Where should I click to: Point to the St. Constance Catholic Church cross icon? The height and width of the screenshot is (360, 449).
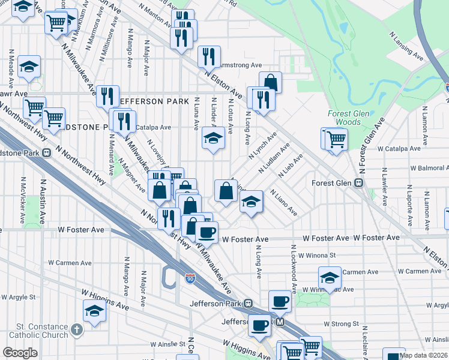click(x=76, y=329)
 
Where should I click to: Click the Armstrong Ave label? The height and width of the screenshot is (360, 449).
click(x=241, y=65)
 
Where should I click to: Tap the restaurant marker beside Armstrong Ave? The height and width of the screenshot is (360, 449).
click(x=209, y=56)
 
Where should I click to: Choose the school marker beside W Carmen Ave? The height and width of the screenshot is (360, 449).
click(x=329, y=277)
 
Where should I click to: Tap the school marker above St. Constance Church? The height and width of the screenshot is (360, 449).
click(x=94, y=310)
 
